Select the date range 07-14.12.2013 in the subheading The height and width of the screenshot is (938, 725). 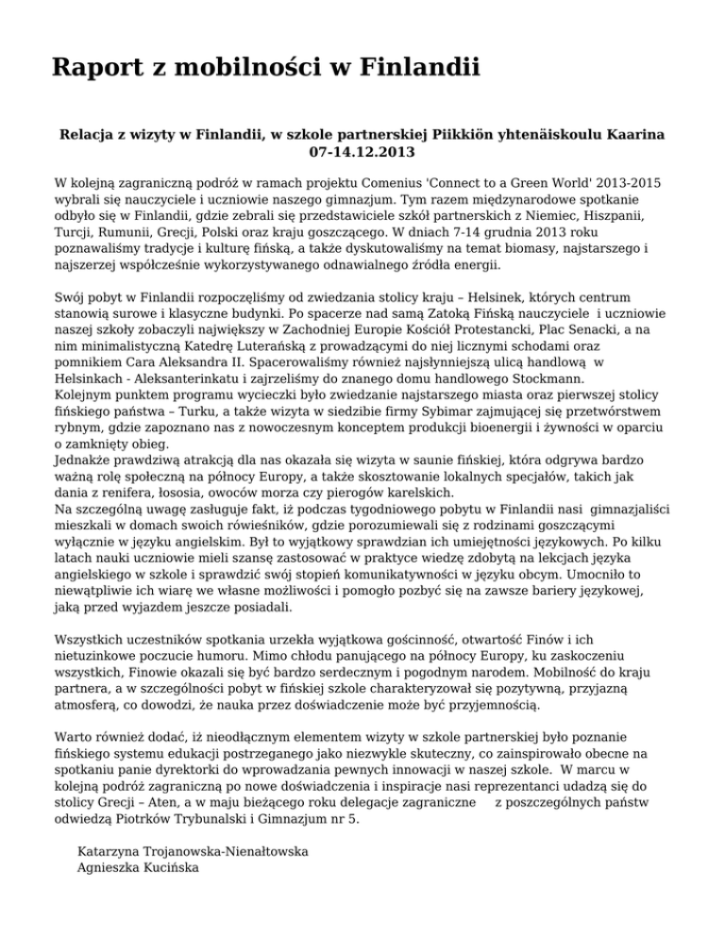coord(362,150)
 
